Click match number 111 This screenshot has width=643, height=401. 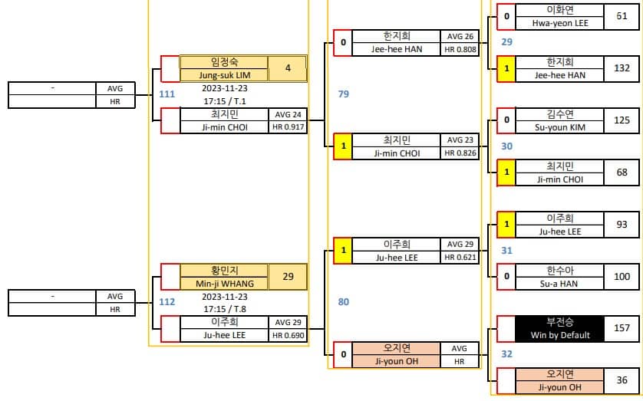click(167, 94)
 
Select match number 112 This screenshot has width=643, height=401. click(167, 302)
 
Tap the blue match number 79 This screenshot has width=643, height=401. click(344, 94)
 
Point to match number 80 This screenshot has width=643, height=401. click(344, 302)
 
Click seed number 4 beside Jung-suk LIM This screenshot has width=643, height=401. click(288, 68)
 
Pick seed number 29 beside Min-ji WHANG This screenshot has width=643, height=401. click(288, 277)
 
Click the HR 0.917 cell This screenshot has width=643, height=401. click(289, 127)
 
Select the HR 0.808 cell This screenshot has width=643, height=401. click(460, 49)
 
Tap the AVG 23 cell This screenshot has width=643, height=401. click(460, 140)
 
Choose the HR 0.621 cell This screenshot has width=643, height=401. click(460, 257)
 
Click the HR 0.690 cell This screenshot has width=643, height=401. click(289, 335)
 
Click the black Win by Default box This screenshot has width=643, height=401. click(560, 328)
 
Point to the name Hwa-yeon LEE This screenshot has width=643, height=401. click(560, 23)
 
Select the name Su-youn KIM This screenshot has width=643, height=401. click(560, 127)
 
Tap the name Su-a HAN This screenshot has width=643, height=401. click(559, 284)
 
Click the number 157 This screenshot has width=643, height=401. click(622, 328)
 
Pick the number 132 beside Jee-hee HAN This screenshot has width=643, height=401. click(622, 68)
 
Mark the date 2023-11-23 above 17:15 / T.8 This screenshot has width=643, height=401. click(225, 297)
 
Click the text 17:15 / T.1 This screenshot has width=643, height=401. click(225, 100)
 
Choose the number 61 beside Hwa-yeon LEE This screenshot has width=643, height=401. click(622, 16)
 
